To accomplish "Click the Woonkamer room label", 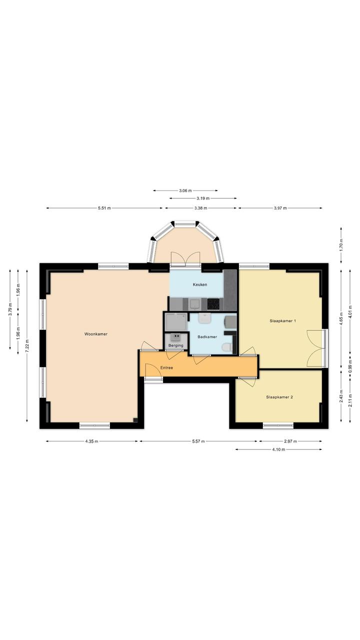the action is [95, 334].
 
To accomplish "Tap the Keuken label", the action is [200, 285].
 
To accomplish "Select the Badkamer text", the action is [207, 337].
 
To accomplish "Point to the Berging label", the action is [175, 345].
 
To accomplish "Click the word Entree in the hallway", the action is [166, 368].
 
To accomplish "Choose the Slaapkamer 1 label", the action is [282, 321].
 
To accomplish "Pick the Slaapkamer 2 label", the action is [279, 397].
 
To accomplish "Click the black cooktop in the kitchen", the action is [213, 304].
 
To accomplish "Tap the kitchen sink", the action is [195, 304].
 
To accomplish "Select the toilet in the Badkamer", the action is [227, 347].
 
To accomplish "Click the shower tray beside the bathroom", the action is [176, 322].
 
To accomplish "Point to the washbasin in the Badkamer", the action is [204, 318].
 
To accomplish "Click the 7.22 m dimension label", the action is [27, 346].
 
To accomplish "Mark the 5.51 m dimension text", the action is [104, 208].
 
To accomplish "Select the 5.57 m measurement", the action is [198, 441].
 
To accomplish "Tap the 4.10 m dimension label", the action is [278, 449].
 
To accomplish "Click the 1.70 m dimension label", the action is [341, 245].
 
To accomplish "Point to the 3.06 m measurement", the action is [185, 191].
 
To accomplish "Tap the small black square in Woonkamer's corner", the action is [135, 420].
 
